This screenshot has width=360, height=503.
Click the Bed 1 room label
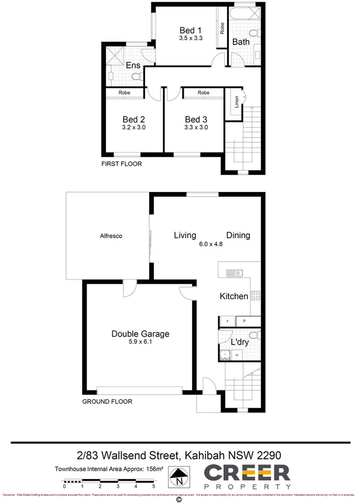(x=190, y=30)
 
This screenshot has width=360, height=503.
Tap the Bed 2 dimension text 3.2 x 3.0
(x=133, y=126)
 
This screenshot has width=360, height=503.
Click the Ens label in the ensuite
(x=133, y=66)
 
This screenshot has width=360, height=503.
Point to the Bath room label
(x=241, y=42)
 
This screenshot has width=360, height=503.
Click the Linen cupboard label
(x=236, y=104)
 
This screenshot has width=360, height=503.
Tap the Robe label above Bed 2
(x=124, y=93)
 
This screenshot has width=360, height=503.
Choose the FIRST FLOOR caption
(x=122, y=164)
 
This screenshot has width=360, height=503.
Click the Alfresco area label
(x=110, y=235)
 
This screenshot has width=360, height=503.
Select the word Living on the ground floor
(x=185, y=235)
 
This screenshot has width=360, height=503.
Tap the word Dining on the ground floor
(x=238, y=235)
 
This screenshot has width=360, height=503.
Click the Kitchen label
(x=234, y=296)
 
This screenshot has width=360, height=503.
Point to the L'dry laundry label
(x=239, y=343)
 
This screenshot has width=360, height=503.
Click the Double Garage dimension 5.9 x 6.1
(x=140, y=343)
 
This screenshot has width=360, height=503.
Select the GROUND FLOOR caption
(x=107, y=402)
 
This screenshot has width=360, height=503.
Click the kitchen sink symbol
(x=234, y=272)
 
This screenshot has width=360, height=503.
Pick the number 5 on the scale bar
(x=154, y=486)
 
